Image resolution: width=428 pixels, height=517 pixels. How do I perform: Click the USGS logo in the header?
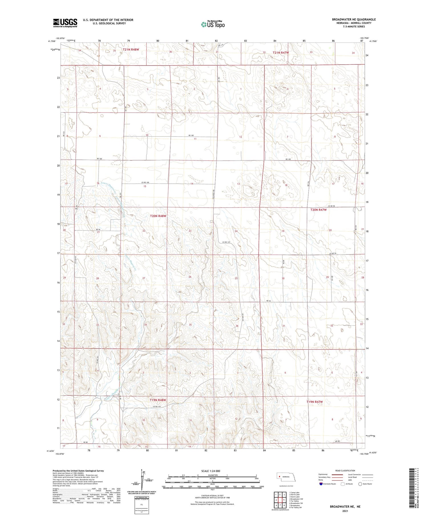(65, 23)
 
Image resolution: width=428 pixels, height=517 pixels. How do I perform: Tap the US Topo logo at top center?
(213, 25)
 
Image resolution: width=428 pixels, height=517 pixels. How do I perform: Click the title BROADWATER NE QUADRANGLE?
(354, 19)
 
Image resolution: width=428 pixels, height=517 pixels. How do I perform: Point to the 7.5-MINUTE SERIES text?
(354, 27)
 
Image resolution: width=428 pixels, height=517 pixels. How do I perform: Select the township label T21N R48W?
(131, 50)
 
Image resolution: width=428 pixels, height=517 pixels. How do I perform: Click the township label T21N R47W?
(281, 52)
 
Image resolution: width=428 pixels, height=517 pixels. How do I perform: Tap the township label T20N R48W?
(158, 216)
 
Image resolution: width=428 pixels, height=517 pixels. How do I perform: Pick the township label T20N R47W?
(318, 210)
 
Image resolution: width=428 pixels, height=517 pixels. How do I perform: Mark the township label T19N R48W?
(158, 400)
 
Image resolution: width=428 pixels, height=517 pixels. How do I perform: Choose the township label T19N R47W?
(315, 402)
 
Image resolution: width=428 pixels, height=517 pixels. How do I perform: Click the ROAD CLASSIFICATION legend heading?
(345, 471)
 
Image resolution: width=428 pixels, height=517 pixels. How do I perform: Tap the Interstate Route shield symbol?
(321, 484)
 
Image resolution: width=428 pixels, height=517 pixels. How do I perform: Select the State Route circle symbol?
(360, 484)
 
